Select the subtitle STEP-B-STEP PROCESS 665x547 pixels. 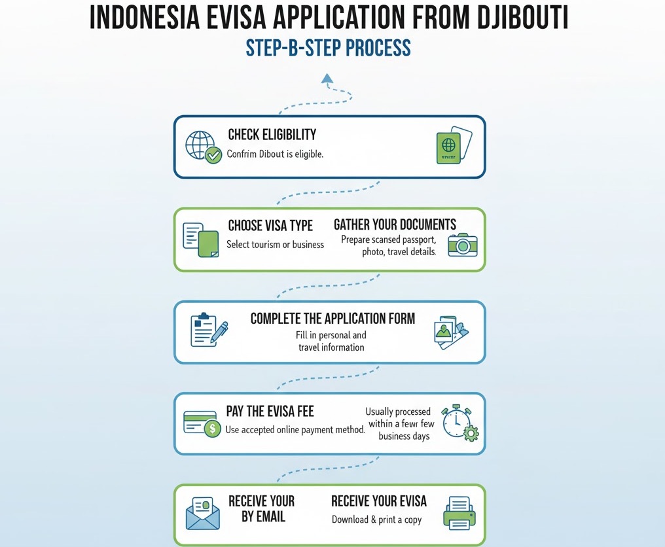tap(329, 49)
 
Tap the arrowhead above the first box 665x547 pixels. tap(327, 79)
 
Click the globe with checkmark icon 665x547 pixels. tap(203, 146)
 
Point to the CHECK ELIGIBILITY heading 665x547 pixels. tap(272, 135)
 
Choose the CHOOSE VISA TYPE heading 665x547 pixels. tap(270, 226)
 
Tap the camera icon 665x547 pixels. tap(462, 244)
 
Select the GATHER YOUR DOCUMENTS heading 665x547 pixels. tap(395, 225)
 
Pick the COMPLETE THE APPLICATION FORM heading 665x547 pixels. tap(332, 319)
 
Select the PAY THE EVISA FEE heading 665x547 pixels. tap(270, 412)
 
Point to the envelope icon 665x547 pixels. tap(204, 514)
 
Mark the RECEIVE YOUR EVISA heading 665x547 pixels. tap(378, 501)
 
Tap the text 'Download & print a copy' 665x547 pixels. tap(376, 520)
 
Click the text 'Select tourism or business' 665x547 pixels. tap(275, 245)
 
